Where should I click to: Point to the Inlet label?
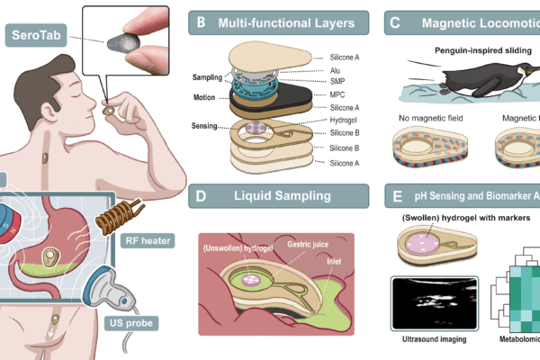[x=337, y=263]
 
